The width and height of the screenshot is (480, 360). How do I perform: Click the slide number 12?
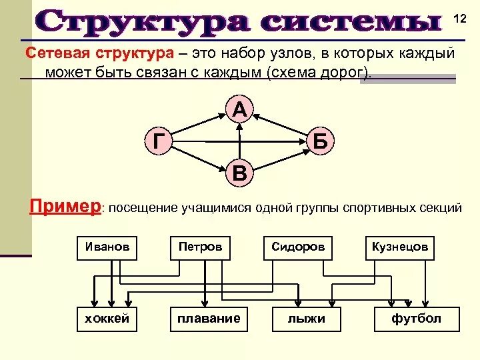pyautogui.click(x=460, y=19)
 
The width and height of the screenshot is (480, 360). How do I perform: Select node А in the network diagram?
pyautogui.click(x=240, y=109)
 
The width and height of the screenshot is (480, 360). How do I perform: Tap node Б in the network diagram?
pyautogui.click(x=320, y=142)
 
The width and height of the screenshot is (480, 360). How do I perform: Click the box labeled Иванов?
pyautogui.click(x=107, y=247)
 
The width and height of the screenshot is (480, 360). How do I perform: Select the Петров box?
pyautogui.click(x=200, y=247)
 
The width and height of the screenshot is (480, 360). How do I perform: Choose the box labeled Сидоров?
pyautogui.click(x=298, y=247)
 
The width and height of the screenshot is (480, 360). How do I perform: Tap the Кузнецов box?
pyautogui.click(x=400, y=247)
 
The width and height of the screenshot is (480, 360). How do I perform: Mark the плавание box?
pyautogui.click(x=209, y=319)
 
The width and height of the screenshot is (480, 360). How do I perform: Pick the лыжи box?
pyautogui.click(x=307, y=319)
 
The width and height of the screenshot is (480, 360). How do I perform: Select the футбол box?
pyautogui.click(x=417, y=319)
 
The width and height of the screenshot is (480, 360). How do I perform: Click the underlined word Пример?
pyautogui.click(x=65, y=206)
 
